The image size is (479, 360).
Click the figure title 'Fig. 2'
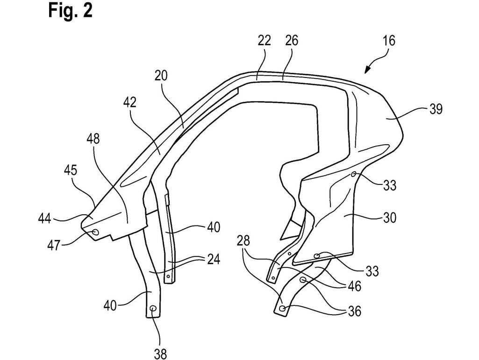(70, 11)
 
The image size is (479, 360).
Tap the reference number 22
(264, 40)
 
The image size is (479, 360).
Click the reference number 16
(389, 41)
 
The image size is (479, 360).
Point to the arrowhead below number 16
(367, 70)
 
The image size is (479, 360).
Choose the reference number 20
(161, 76)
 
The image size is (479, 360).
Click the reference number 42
(130, 103)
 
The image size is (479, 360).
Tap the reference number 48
(93, 139)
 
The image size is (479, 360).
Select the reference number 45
(71, 170)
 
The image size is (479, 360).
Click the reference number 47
(54, 245)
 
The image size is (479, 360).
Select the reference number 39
(436, 109)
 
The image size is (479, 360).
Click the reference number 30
(389, 218)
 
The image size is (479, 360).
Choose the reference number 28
(243, 241)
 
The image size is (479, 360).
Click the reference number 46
(354, 286)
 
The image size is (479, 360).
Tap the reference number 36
(354, 311)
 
